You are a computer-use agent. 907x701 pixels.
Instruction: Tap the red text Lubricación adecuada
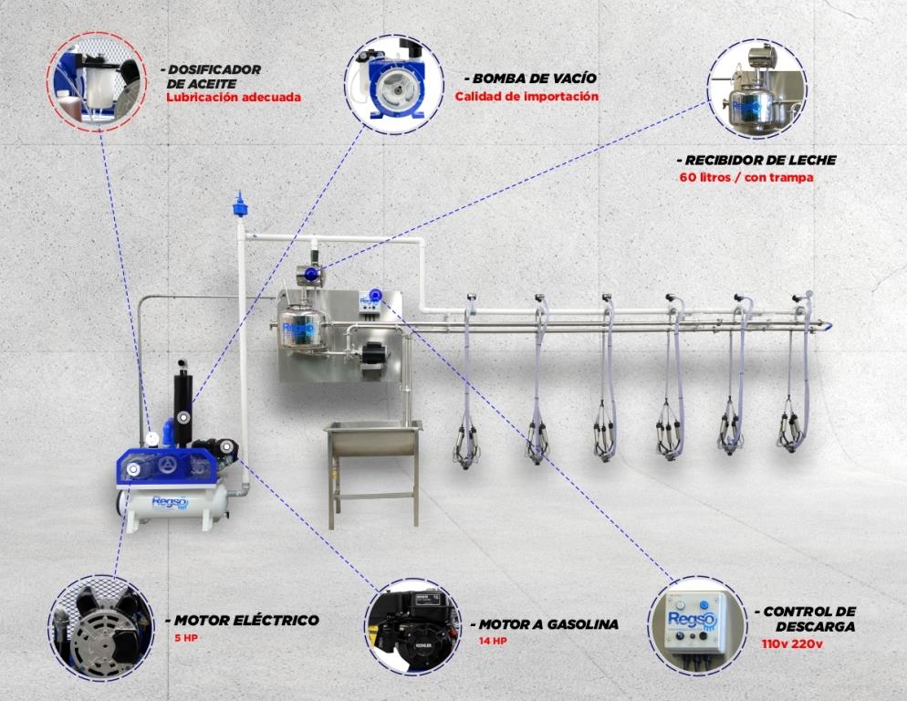coord(234,98)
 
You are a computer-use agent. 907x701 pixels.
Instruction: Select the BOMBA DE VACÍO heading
coord(530,78)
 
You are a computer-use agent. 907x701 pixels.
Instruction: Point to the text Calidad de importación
coord(526,97)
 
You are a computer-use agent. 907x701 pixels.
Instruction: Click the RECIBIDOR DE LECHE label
coord(756,161)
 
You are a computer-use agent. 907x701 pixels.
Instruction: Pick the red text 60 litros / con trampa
coord(746,177)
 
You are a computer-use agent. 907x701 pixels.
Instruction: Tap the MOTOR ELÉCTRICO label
coord(243,621)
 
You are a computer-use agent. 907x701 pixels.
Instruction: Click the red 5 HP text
coord(186,638)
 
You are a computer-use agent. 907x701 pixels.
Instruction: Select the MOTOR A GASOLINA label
coord(545,624)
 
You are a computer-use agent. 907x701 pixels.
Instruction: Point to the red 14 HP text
coord(493,642)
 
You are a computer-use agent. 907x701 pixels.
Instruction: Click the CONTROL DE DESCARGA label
coord(806,619)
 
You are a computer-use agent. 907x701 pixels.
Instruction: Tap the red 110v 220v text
coord(792,643)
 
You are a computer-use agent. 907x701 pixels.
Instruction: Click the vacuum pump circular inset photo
coord(394,85)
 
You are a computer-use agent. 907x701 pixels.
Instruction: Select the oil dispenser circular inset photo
coord(97,81)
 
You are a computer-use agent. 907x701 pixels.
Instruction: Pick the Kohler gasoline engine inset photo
coord(413,627)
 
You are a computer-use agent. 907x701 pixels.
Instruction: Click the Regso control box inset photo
coord(697,626)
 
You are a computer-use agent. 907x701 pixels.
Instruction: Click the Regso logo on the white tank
coord(169,502)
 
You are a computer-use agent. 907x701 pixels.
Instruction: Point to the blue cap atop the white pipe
coord(239,204)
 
